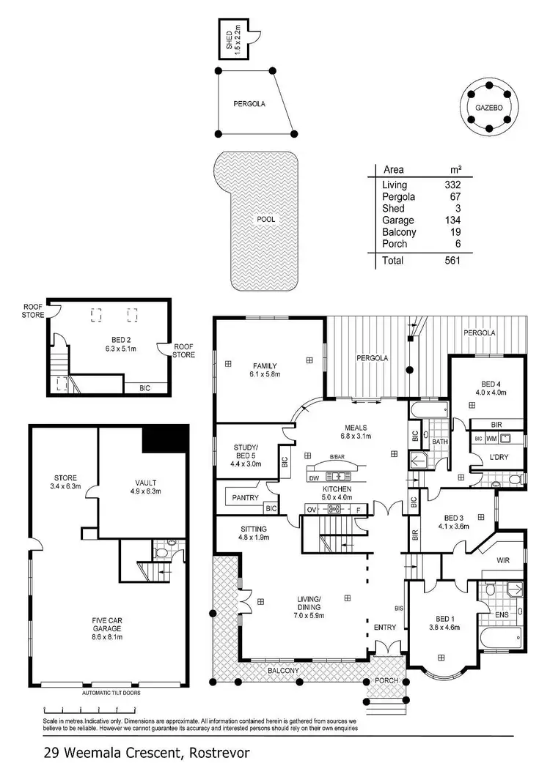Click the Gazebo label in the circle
click(x=488, y=107)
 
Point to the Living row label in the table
click(x=395, y=185)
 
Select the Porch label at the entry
click(x=386, y=680)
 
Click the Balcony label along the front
click(x=282, y=670)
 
